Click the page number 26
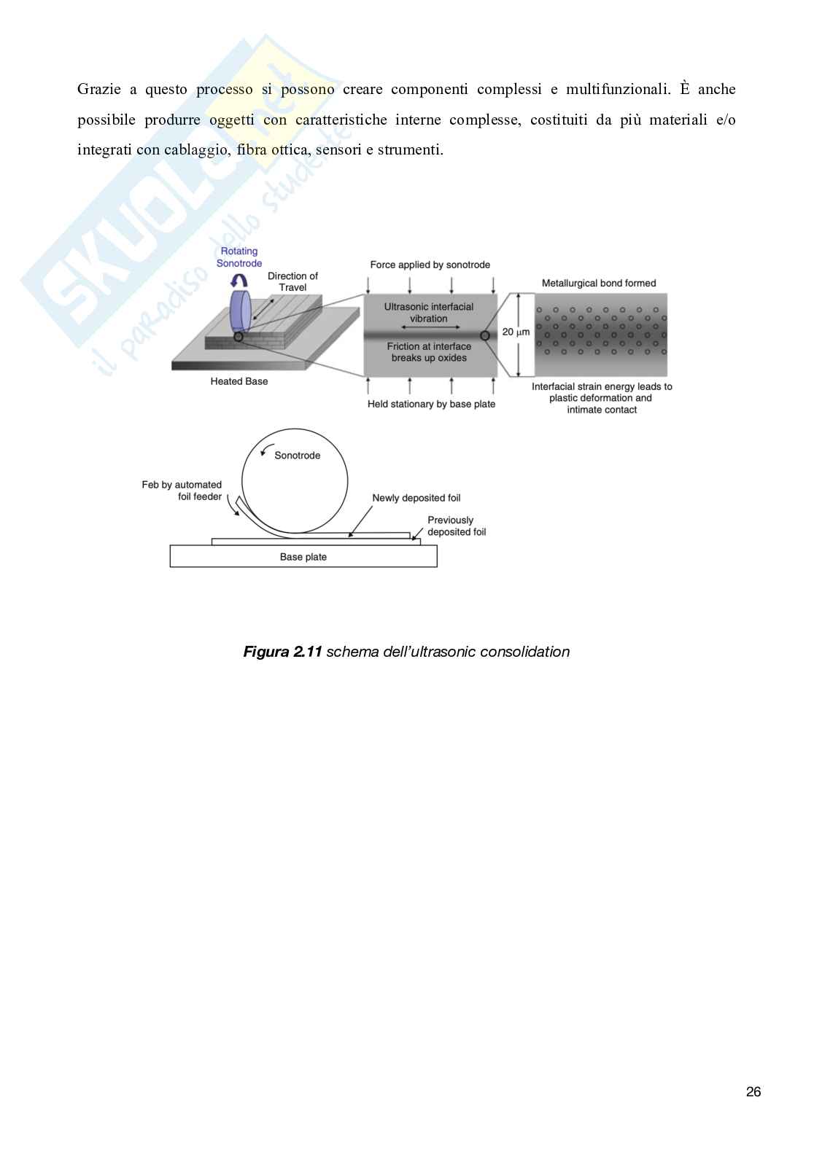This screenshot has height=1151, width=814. [753, 1091]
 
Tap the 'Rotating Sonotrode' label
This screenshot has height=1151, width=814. [239, 257]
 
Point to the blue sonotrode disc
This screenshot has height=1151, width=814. [240, 311]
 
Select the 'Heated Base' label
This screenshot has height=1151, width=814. [239, 381]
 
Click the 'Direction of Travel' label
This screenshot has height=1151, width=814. [292, 281]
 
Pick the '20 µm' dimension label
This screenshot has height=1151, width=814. [516, 332]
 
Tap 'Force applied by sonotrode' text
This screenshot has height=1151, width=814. [430, 265]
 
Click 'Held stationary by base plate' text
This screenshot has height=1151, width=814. [431, 404]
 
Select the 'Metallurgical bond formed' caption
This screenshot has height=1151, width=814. [599, 283]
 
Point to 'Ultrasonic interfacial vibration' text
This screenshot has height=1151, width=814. [429, 312]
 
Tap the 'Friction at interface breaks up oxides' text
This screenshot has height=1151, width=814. [429, 352]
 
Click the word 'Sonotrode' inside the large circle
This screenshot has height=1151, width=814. [298, 456]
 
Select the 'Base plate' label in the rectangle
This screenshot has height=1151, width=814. [303, 557]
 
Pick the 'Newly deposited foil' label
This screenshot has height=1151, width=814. [416, 498]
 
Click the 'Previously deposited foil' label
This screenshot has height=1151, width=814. [456, 526]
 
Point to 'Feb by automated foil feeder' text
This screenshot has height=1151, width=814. [182, 490]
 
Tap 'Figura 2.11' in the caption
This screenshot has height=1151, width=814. [282, 652]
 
